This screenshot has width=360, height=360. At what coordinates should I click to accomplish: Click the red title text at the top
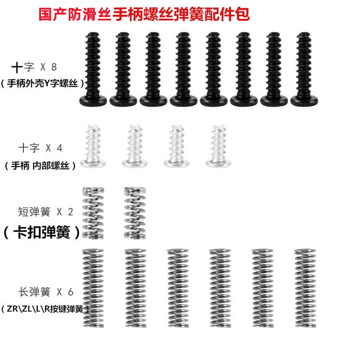click(x=144, y=14)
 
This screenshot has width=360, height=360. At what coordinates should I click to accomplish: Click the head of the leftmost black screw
click(x=93, y=100)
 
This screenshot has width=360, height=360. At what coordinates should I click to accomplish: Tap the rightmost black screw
click(x=304, y=69)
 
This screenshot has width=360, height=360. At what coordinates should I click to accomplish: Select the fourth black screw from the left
click(x=184, y=69)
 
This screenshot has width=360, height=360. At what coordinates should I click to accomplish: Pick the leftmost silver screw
click(x=93, y=146)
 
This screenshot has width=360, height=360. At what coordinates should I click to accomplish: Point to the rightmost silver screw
click(x=218, y=146)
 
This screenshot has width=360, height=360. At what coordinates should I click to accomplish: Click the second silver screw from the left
click(x=135, y=146)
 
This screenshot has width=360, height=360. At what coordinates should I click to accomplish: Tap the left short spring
click(x=93, y=213)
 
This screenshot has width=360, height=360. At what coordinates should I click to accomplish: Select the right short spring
click(x=135, y=213)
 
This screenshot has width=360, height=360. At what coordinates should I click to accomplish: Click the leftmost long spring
click(x=93, y=288)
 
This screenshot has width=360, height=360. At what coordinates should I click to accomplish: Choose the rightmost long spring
click(x=305, y=288)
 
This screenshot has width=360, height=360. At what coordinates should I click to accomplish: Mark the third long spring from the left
click(x=178, y=288)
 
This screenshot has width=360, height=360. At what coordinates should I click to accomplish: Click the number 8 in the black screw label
click(x=54, y=67)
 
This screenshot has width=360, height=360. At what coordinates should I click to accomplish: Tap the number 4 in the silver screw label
click(x=59, y=148)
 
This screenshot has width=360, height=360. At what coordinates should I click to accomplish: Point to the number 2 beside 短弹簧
click(x=71, y=212)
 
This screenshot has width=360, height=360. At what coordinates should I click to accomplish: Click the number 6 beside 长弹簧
click(x=71, y=292)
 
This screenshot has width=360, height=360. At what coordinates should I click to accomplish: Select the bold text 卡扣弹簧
click(x=42, y=232)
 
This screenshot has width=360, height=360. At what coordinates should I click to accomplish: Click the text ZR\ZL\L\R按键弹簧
click(x=45, y=309)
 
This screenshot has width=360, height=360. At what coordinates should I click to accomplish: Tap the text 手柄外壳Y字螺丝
click(x=42, y=83)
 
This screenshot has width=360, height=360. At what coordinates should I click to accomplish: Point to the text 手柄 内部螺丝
click(x=40, y=166)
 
